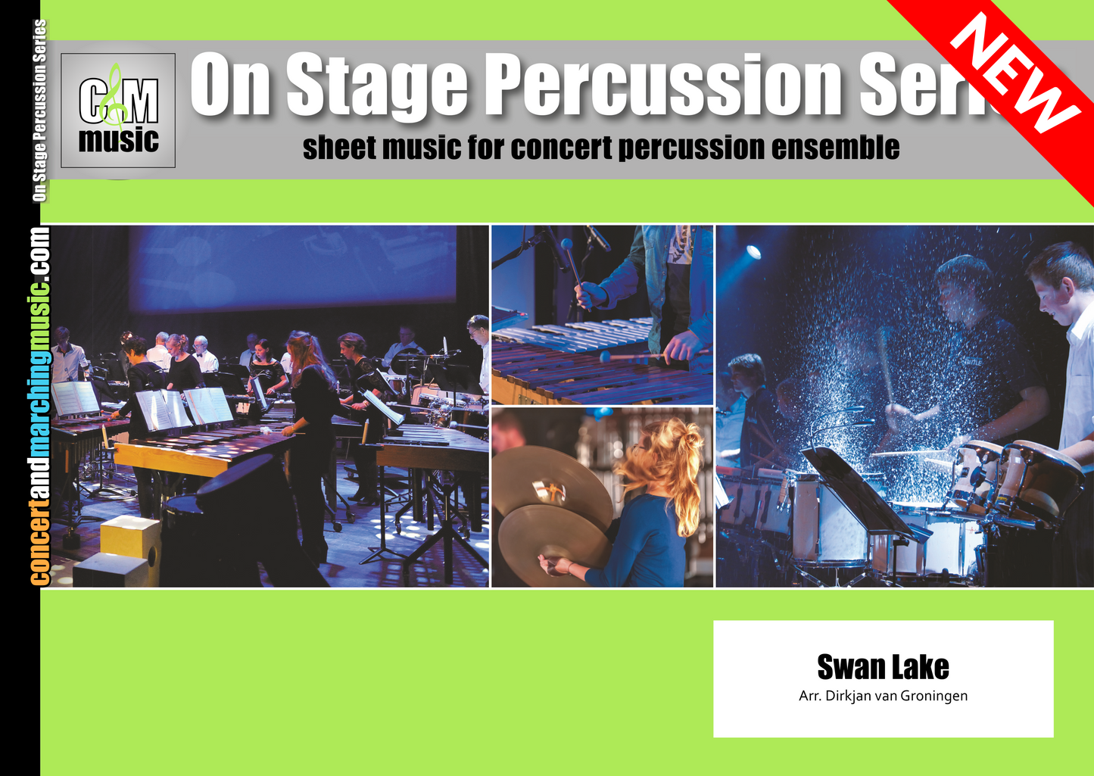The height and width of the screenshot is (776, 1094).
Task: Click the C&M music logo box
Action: click(117, 111)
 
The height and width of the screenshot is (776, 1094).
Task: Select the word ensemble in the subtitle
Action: click(835, 147)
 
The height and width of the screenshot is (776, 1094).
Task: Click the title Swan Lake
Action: click(883, 667)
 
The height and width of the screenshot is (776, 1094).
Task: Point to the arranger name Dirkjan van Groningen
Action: click(896, 696)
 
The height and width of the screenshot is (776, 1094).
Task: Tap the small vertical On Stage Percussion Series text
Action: click(39, 111)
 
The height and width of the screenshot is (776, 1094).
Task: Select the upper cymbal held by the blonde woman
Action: click(552, 484)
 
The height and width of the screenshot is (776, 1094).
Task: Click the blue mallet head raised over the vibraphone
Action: click(566, 244)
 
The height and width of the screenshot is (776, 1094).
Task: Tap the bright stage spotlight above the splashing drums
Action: click(753, 252)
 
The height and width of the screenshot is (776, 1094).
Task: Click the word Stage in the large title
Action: click(377, 86)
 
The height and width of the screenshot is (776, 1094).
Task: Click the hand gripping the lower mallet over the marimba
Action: click(684, 347)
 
